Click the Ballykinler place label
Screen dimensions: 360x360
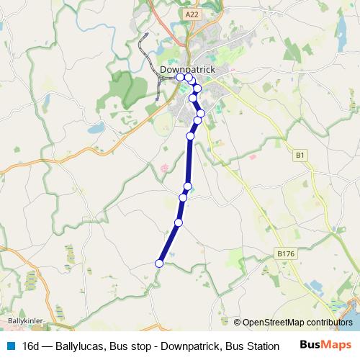pyautogui.click(x=24, y=320)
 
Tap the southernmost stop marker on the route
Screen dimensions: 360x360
pyautogui.click(x=159, y=264)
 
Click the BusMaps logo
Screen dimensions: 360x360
pyautogui.click(x=325, y=346)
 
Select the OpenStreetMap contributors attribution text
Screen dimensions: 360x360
pyautogui.click(x=297, y=323)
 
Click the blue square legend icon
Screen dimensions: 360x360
pyautogui.click(x=9, y=346)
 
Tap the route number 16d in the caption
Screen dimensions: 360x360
pyautogui.click(x=31, y=346)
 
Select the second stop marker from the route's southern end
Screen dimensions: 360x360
pyautogui.click(x=179, y=222)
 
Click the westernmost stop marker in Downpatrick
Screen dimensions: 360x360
pyautogui.click(x=180, y=77)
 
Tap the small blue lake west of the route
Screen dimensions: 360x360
pyautogui.click(x=95, y=130)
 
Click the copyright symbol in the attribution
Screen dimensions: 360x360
pyautogui.click(x=238, y=323)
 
